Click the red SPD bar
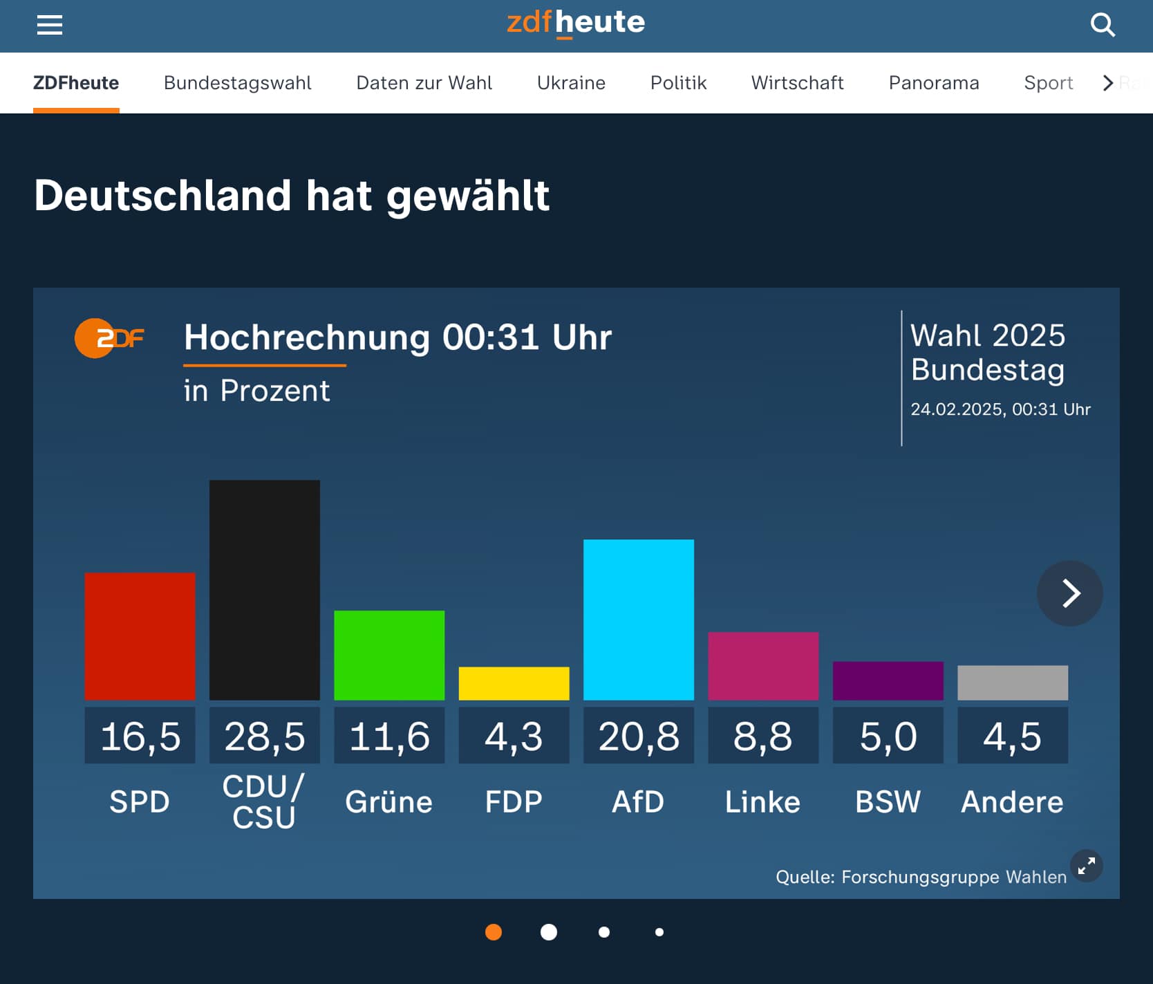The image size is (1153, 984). (140, 636)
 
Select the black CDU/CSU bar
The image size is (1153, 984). (264, 589)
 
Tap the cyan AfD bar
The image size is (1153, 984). (638, 619)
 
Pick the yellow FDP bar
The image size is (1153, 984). (514, 683)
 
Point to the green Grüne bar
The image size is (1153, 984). (389, 655)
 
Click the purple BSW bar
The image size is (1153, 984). (888, 680)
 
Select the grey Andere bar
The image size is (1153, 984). (1012, 683)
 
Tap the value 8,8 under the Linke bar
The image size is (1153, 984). (763, 736)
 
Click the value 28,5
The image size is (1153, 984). (264, 736)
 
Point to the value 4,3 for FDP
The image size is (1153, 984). (514, 736)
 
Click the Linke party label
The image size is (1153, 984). (762, 802)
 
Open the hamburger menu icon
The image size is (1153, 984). (50, 26)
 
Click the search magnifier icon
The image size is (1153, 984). (1103, 26)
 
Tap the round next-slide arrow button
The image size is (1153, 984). (1069, 593)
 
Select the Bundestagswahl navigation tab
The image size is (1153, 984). (237, 83)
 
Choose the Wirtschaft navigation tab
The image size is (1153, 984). (797, 83)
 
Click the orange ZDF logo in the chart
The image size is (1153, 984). (109, 338)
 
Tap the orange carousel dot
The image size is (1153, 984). (494, 932)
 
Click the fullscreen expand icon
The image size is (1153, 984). (1086, 866)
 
